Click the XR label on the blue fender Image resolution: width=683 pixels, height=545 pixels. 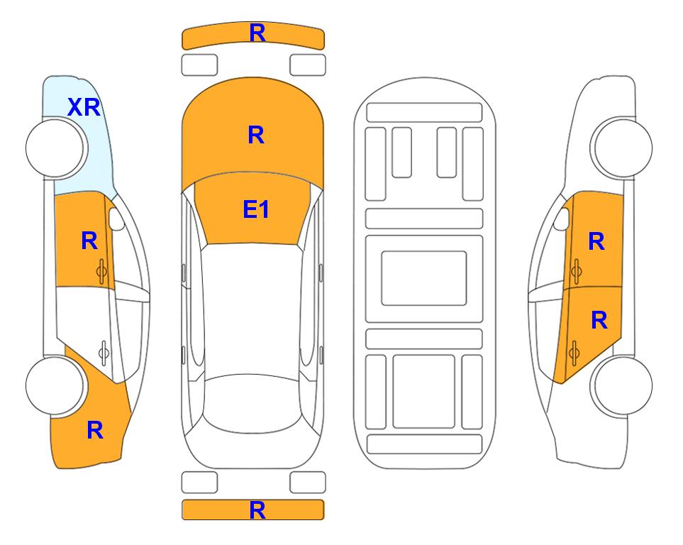[x=84, y=107]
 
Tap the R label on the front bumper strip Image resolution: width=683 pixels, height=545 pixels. [x=257, y=33]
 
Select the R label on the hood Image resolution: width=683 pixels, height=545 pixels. [x=256, y=135]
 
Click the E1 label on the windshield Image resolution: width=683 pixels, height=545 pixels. [x=256, y=209]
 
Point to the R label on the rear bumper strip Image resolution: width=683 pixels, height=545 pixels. [x=257, y=510]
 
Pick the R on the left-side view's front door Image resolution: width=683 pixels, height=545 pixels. [x=89, y=241]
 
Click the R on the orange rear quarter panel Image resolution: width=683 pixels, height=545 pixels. [x=95, y=430]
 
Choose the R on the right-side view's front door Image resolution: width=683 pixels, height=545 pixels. [x=596, y=241]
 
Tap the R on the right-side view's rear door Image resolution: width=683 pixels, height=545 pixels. [x=599, y=321]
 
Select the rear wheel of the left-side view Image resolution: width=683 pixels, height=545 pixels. [x=55, y=385]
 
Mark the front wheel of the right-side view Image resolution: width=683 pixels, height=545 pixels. [x=623, y=148]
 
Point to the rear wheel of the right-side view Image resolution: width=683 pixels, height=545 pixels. [x=623, y=385]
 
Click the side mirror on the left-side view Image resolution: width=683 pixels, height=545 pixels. [x=116, y=219]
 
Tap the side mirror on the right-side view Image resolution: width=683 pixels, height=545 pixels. [x=562, y=219]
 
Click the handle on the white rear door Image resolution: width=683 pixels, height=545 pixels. [x=104, y=353]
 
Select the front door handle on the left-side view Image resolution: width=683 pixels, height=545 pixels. [x=102, y=271]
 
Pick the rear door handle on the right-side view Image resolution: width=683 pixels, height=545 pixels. [x=574, y=353]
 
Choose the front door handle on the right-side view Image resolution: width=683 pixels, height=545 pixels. [x=576, y=271]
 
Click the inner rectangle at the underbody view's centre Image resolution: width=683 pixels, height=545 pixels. [x=424, y=278]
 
